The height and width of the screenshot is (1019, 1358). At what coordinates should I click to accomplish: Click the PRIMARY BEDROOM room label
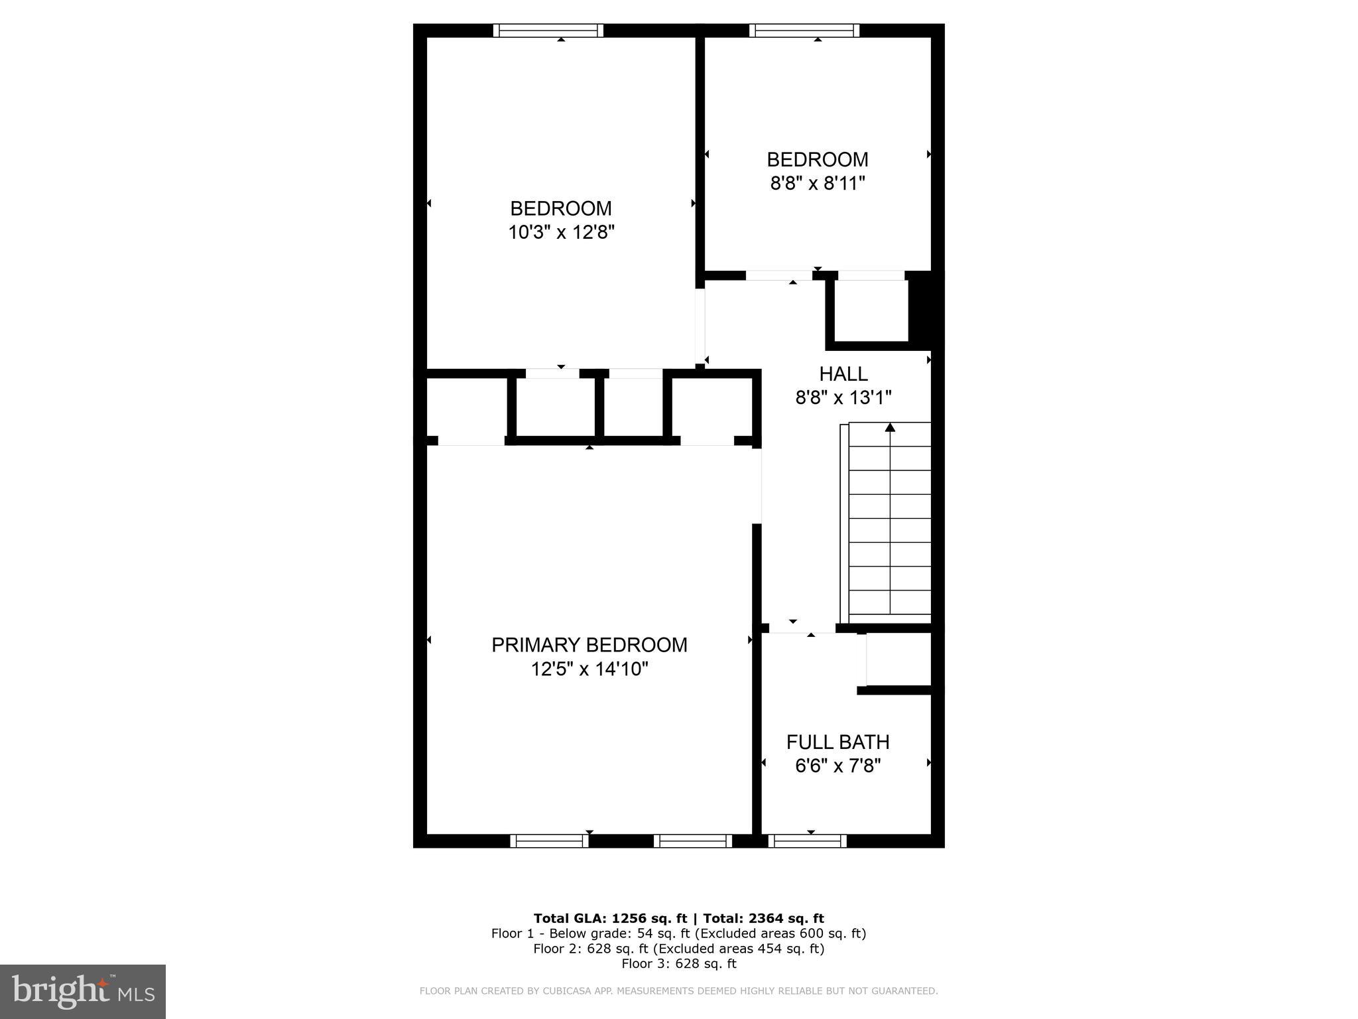[x=589, y=645]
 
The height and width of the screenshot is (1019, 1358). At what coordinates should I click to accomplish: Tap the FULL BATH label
[x=837, y=742]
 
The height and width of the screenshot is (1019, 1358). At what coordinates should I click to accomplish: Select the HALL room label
[x=843, y=374]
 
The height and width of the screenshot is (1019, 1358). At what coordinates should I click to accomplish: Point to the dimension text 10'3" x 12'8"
[x=561, y=233]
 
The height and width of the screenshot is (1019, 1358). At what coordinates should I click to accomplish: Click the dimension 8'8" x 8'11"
[x=818, y=183]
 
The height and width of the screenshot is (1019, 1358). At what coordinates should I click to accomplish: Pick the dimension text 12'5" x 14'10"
[x=589, y=669]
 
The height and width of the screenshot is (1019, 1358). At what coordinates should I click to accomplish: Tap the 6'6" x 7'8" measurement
[x=837, y=766]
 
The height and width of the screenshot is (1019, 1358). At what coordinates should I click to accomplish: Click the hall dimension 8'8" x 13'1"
[x=843, y=398]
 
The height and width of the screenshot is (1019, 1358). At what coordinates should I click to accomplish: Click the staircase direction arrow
[x=890, y=428]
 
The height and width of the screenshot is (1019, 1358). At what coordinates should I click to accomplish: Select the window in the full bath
[x=808, y=841]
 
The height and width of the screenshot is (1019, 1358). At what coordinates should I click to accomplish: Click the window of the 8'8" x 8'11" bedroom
[x=804, y=31]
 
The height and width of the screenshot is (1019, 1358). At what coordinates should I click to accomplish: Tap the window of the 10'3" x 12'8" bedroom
[x=548, y=31]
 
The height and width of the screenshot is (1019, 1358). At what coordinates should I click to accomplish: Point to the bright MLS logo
[x=83, y=991]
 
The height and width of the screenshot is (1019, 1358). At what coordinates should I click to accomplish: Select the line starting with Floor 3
[x=678, y=963]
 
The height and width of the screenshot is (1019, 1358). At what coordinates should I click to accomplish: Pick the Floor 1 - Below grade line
[x=678, y=933]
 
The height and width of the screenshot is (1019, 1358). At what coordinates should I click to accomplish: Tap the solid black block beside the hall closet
[x=926, y=310]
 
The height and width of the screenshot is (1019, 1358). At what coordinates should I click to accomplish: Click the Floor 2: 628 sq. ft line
[x=678, y=949]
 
